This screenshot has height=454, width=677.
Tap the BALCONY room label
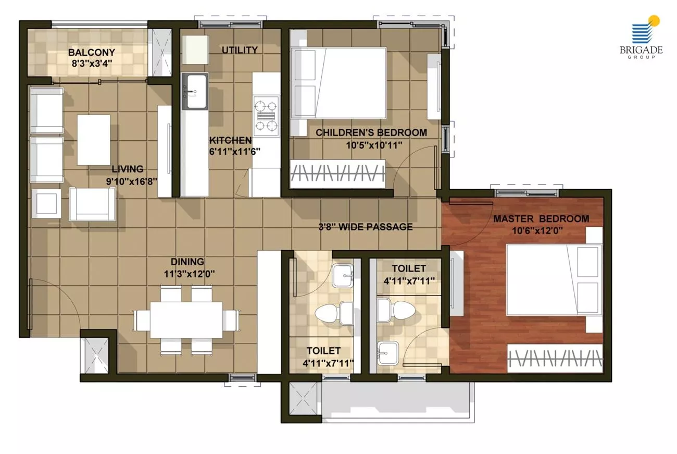click(x=92, y=52)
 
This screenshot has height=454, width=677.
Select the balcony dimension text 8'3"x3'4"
click(x=92, y=64)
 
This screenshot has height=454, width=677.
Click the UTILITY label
click(x=240, y=50)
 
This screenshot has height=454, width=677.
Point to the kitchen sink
click(x=195, y=91)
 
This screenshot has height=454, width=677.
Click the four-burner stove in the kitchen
click(x=266, y=116)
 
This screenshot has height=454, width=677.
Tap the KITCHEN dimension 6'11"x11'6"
click(x=234, y=152)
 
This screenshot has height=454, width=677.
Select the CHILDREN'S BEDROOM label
click(x=371, y=132)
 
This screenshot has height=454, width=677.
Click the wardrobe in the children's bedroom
click(x=337, y=174)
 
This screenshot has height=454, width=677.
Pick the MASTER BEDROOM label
click(x=541, y=219)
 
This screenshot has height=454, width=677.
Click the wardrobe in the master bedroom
click(x=555, y=359)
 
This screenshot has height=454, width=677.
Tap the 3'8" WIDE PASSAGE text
click(x=366, y=227)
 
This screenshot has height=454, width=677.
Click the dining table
click(x=186, y=320)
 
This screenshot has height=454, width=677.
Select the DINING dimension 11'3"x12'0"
click(x=189, y=274)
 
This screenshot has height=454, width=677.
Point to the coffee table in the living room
click(x=93, y=140)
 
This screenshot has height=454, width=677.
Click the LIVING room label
click(x=128, y=169)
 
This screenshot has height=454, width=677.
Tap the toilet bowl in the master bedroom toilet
click(x=396, y=310)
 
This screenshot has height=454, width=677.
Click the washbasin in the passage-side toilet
click(x=343, y=276)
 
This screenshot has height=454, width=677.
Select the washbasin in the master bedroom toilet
click(x=388, y=353)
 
